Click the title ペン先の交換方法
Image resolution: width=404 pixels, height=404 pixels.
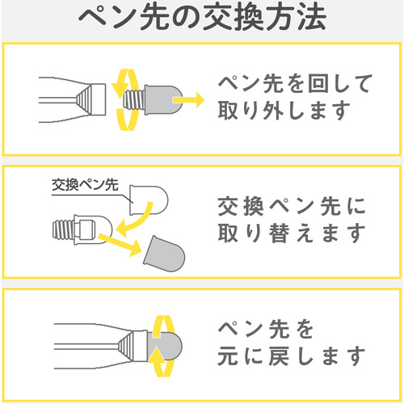(x=202, y=19)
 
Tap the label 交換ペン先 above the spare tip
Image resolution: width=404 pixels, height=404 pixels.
(x=85, y=185)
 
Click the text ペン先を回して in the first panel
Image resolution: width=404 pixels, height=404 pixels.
(x=295, y=84)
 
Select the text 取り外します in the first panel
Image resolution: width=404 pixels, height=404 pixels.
(x=284, y=111)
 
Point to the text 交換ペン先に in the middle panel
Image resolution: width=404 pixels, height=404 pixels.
(x=292, y=206)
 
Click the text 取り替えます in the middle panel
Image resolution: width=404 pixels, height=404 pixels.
(x=292, y=234)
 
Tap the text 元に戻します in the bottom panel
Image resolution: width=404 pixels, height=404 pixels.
(x=292, y=356)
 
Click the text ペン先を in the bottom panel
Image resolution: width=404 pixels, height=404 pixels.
(x=266, y=329)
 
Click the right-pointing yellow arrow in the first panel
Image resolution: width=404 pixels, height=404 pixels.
(x=188, y=100)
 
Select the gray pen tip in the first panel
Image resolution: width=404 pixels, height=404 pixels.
(x=163, y=100)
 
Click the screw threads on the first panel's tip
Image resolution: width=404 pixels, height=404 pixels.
(x=134, y=100)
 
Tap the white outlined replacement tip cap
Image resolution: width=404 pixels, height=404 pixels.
(x=149, y=200)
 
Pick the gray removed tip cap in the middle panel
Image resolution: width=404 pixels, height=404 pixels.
(x=164, y=254)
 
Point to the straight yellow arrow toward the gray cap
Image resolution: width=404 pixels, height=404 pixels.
(x=120, y=245)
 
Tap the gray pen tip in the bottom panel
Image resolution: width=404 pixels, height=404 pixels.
(x=165, y=346)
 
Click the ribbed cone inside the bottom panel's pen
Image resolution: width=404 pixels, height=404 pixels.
(x=126, y=346)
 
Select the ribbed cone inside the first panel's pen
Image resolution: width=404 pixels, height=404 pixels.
(x=83, y=99)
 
